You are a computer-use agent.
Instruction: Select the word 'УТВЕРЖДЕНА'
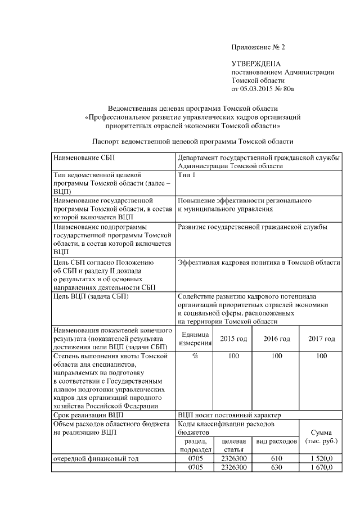pyautogui.click(x=256, y=65)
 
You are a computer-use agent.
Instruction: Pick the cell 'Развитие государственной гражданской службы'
pyautogui.click(x=253, y=227)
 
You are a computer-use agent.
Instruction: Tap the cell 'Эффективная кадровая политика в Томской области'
pyautogui.click(x=258, y=262)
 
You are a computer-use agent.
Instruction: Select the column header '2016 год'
pyautogui.click(x=277, y=339)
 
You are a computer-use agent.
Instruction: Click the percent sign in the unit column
pyautogui.click(x=195, y=356)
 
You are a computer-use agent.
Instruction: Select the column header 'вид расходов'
pyautogui.click(x=277, y=442)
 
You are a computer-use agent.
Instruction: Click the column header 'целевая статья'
pyautogui.click(x=233, y=445)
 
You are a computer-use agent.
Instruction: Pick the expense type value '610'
pyautogui.click(x=277, y=458)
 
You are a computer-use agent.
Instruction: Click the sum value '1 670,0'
pyautogui.click(x=321, y=467)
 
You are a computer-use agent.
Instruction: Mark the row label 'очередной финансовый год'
pyautogui.click(x=95, y=458)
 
